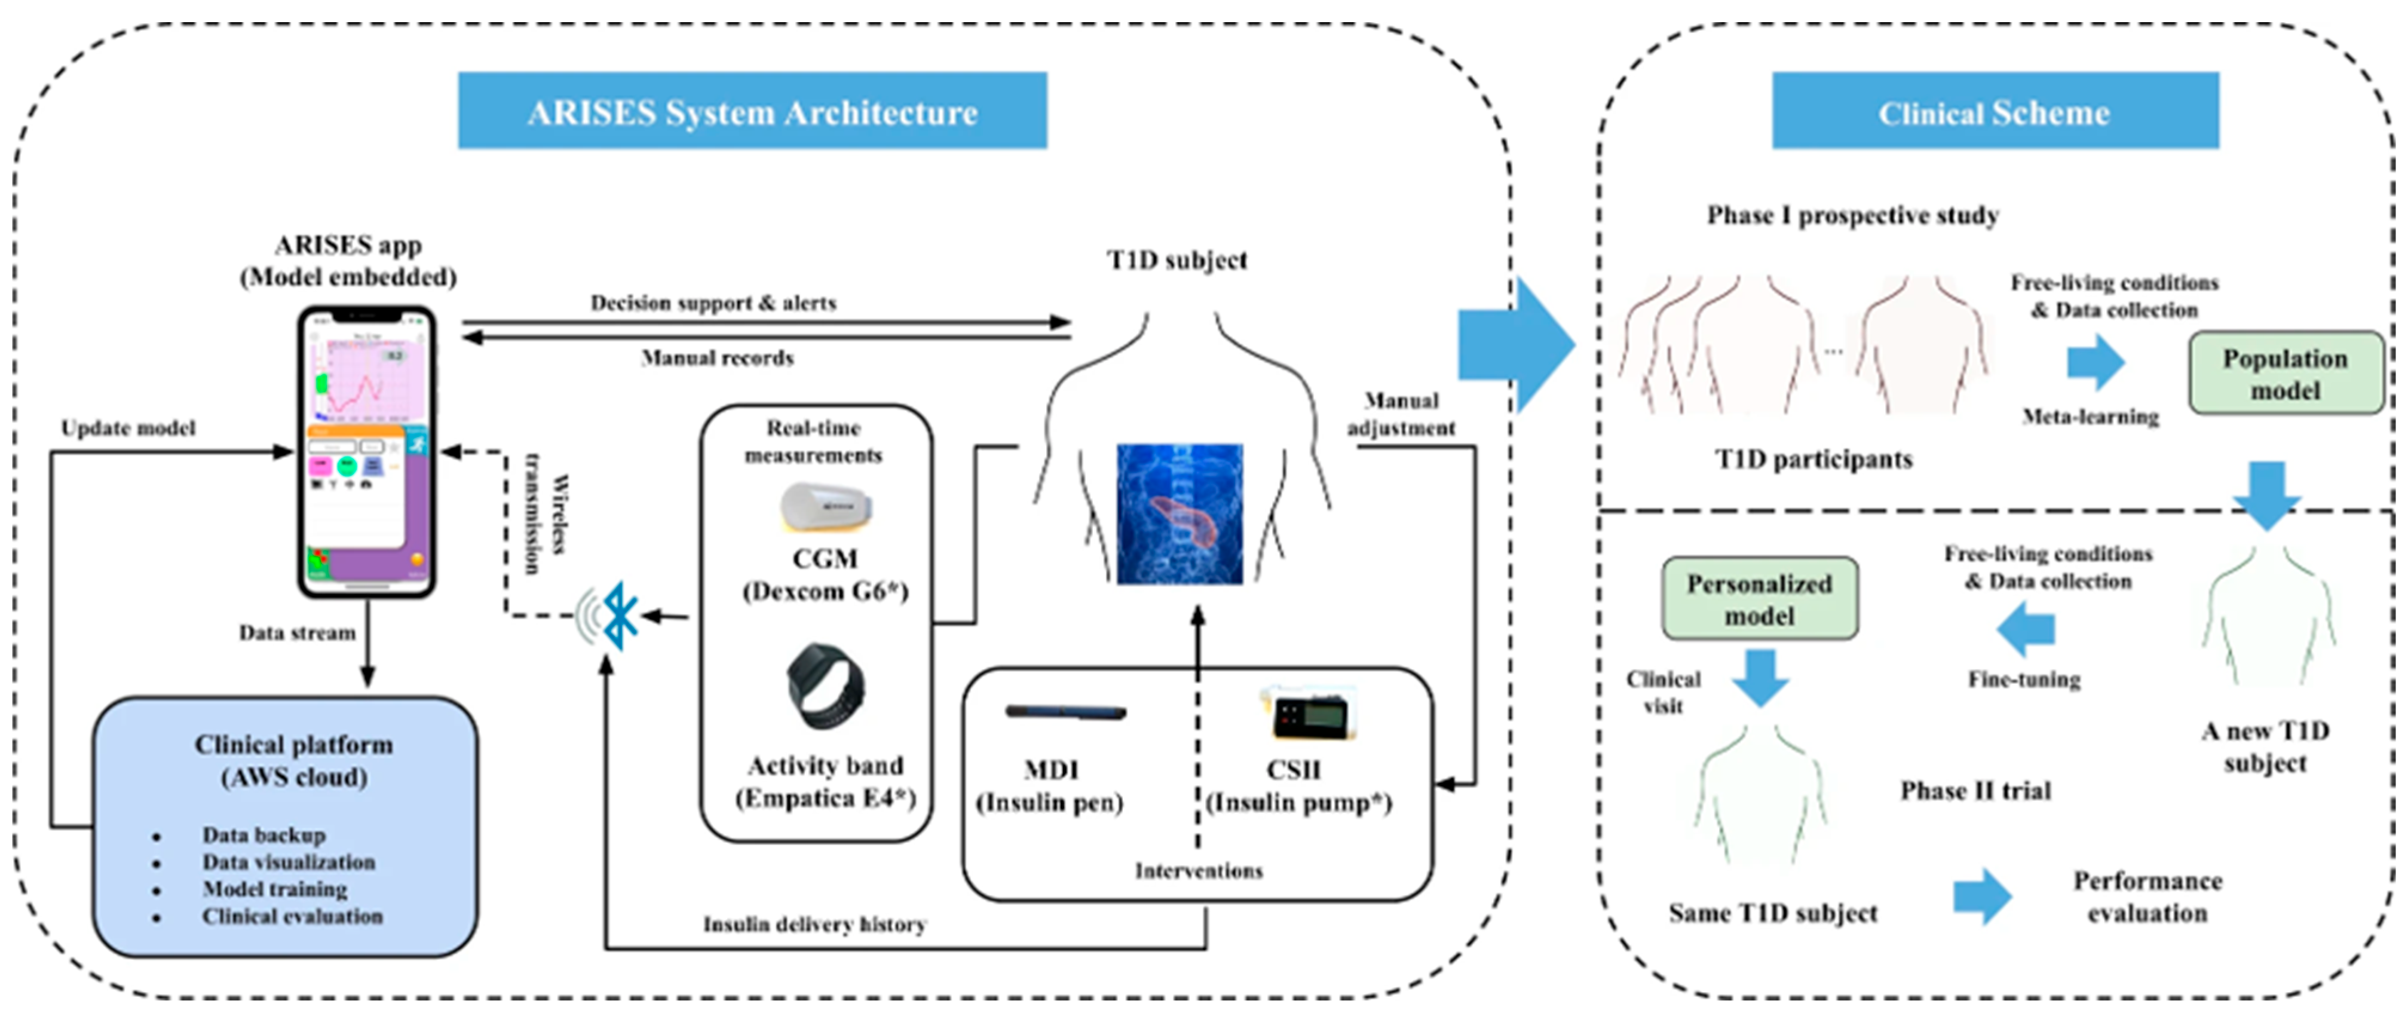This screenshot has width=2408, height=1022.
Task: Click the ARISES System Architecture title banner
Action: (752, 111)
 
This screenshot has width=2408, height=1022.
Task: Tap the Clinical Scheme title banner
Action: (1995, 111)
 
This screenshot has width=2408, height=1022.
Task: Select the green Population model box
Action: (2284, 373)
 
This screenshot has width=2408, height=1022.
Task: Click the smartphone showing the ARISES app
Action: (366, 452)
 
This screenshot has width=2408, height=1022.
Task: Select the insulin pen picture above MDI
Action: (1065, 712)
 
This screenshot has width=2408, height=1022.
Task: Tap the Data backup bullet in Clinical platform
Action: (264, 835)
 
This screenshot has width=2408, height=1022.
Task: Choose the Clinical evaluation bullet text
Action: (292, 916)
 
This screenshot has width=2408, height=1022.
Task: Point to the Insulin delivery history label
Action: (813, 925)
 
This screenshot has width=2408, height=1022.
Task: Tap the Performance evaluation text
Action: (2147, 896)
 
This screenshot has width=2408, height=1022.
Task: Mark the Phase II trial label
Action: (1975, 791)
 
